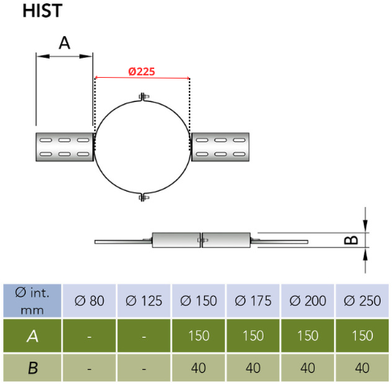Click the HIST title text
pos(43,10)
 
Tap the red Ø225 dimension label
pos(141,71)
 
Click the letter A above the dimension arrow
pos(64,43)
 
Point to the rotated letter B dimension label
pos(351,240)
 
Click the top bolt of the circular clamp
pos(144,96)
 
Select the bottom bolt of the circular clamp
pos(144,197)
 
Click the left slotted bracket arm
pos(64,147)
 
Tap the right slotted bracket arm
pos(220,147)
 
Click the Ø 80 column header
pos(89,301)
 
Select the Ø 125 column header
pos(144,301)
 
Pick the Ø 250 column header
pos(362,301)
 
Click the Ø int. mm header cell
pos(32,301)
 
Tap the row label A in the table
pos(32,336)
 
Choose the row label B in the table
pos(33,368)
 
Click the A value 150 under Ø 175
pos(253,336)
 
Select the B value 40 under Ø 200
pos(308,368)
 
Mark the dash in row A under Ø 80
pos(89,337)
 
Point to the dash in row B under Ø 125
pos(144,369)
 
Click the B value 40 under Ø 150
pos(198,368)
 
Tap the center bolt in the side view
pos(202,240)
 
